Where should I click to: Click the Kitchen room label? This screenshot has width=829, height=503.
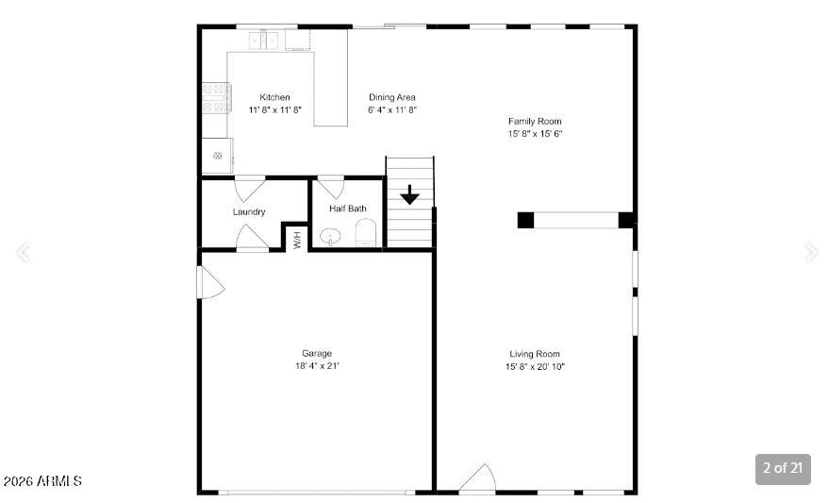[275, 97]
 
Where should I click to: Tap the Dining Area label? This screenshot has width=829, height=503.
[392, 97]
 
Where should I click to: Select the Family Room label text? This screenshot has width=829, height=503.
[535, 121]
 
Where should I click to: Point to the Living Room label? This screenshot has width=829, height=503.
[535, 354]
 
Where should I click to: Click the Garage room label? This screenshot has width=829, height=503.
[317, 353]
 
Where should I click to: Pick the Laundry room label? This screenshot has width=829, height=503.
[249, 211]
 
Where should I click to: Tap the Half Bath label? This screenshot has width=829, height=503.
[348, 209]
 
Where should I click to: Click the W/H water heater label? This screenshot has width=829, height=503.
[297, 240]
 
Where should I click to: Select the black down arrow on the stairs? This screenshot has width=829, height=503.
[409, 194]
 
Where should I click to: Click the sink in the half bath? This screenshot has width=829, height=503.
[330, 237]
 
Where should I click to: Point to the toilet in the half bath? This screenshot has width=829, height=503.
[365, 233]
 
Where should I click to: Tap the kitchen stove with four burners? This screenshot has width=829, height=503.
[216, 98]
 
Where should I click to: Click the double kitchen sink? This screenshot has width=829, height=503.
[264, 41]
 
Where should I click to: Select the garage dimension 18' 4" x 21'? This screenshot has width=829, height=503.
[317, 366]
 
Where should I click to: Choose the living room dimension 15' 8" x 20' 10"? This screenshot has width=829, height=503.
[535, 366]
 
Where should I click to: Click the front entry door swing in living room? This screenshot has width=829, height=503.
[478, 478]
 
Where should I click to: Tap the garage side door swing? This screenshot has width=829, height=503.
[210, 282]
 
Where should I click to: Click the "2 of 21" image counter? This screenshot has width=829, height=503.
[783, 468]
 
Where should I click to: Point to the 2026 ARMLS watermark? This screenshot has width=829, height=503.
[42, 480]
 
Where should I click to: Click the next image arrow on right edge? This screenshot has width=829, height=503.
[811, 252]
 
